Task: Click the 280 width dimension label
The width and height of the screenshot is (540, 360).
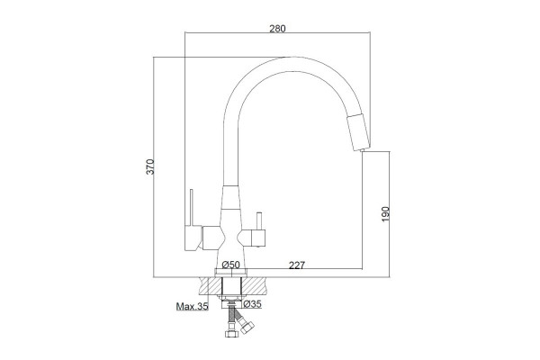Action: pos(277,28)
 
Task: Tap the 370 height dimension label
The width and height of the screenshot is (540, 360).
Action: pos(150,166)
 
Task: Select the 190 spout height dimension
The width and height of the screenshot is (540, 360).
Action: pos(385,214)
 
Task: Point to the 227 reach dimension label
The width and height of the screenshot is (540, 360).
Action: pos(297,265)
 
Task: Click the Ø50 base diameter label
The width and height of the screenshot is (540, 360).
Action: pos(230,265)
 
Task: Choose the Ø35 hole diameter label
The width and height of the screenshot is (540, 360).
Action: pos(252,304)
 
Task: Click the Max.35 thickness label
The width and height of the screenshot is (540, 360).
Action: pos(193,306)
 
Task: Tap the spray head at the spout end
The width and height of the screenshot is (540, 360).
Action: pos(358,131)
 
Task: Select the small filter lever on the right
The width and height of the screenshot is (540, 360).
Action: pos(259,221)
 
